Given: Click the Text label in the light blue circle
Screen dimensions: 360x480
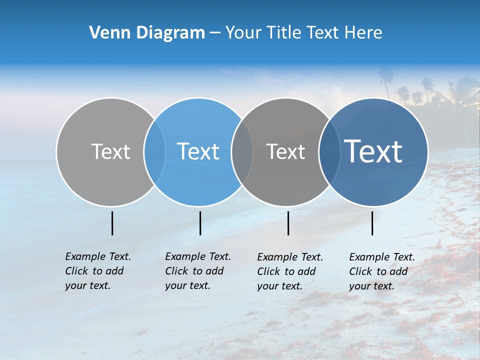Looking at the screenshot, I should click(198, 151).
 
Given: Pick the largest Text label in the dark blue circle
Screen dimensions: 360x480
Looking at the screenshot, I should click(373, 151).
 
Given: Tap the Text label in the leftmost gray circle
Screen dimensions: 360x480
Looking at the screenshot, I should click(111, 151).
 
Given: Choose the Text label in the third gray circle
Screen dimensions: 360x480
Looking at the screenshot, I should click(286, 151).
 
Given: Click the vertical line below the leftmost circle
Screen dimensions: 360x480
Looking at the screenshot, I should click(112, 223).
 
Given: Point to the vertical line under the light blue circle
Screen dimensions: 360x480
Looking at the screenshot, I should click(200, 223).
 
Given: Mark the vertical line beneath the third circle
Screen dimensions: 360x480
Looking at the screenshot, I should click(288, 223).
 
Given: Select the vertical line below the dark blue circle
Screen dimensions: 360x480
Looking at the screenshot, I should click(372, 223).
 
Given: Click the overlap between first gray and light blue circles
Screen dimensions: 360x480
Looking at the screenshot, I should click(155, 151).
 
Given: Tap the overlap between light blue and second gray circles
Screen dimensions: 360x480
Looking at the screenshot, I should click(242, 151).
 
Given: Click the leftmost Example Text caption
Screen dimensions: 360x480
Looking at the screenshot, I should click(97, 271).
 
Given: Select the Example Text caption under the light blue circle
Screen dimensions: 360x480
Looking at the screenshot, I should click(197, 271).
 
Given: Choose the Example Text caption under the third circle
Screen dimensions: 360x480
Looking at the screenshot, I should click(290, 271).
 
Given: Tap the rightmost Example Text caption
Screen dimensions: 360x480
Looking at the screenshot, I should click(381, 271).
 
